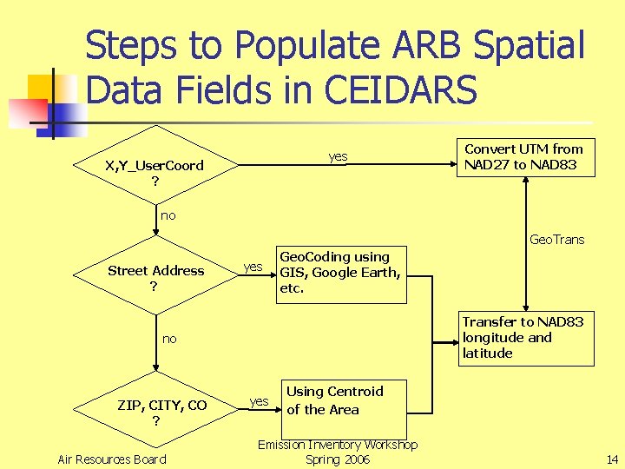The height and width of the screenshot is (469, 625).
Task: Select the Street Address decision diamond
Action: pyautogui.click(x=155, y=276)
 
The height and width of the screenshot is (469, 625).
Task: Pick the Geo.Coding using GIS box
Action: pyautogui.click(x=339, y=273)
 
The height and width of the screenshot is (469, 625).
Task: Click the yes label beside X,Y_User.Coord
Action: pyautogui.click(x=338, y=156)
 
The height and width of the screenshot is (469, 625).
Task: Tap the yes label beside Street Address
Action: pyautogui.click(x=253, y=267)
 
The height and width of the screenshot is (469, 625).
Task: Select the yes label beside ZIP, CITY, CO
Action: pyautogui.click(x=259, y=400)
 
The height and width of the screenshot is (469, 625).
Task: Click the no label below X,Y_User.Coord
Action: pyautogui.click(x=168, y=215)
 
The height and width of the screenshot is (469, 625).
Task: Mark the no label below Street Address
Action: pyautogui.click(x=168, y=339)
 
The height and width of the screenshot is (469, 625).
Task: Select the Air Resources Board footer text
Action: pyautogui.click(x=111, y=459)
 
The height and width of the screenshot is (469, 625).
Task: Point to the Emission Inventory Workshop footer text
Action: pyautogui.click(x=338, y=445)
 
